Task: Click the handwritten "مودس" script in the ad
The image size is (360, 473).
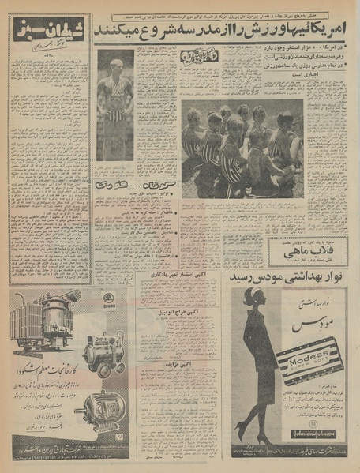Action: pos(302,325)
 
